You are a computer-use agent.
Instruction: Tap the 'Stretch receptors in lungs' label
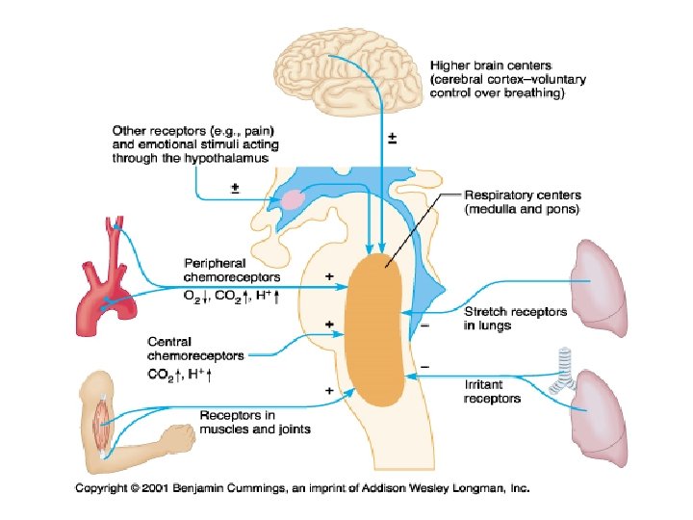click(x=516, y=318)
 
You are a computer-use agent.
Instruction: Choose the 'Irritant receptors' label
click(x=492, y=391)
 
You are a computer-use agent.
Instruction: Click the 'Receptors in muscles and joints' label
click(x=254, y=422)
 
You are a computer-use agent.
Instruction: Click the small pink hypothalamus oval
click(x=292, y=200)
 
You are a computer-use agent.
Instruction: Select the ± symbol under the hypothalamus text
click(x=236, y=188)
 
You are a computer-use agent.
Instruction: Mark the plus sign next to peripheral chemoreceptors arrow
click(x=330, y=276)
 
